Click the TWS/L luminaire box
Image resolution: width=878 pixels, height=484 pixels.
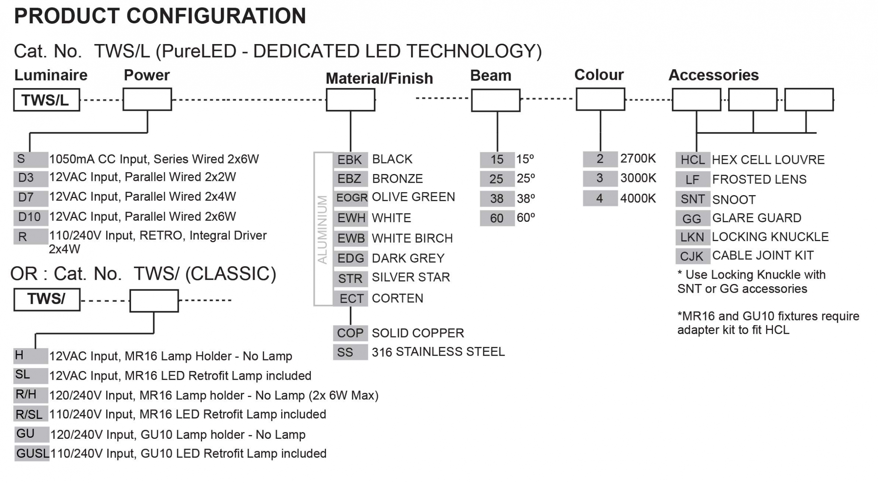point(46,100)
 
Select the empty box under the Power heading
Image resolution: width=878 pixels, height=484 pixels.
point(147,99)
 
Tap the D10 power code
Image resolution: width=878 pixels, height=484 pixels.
point(30,217)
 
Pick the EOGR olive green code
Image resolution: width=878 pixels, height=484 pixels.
point(351,197)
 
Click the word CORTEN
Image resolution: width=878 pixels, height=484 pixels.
point(397,298)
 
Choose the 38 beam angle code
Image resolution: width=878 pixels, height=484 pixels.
point(497,198)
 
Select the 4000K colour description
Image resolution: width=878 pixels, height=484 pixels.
point(638,198)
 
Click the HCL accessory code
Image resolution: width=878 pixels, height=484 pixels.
point(692,160)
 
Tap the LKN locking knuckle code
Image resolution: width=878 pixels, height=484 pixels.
point(692,237)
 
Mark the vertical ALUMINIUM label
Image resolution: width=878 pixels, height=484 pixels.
point(323,229)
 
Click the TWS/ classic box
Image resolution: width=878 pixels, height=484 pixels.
point(47,299)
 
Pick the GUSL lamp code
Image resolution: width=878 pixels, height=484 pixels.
point(32,453)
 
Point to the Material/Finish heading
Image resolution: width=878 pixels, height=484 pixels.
point(379,78)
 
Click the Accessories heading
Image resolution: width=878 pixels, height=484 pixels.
point(713,75)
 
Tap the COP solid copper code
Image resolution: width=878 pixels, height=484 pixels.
point(350,333)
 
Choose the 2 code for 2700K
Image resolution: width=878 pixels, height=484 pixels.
point(600,159)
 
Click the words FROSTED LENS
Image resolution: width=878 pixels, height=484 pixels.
point(759,179)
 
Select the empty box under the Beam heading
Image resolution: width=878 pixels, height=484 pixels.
point(496,100)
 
